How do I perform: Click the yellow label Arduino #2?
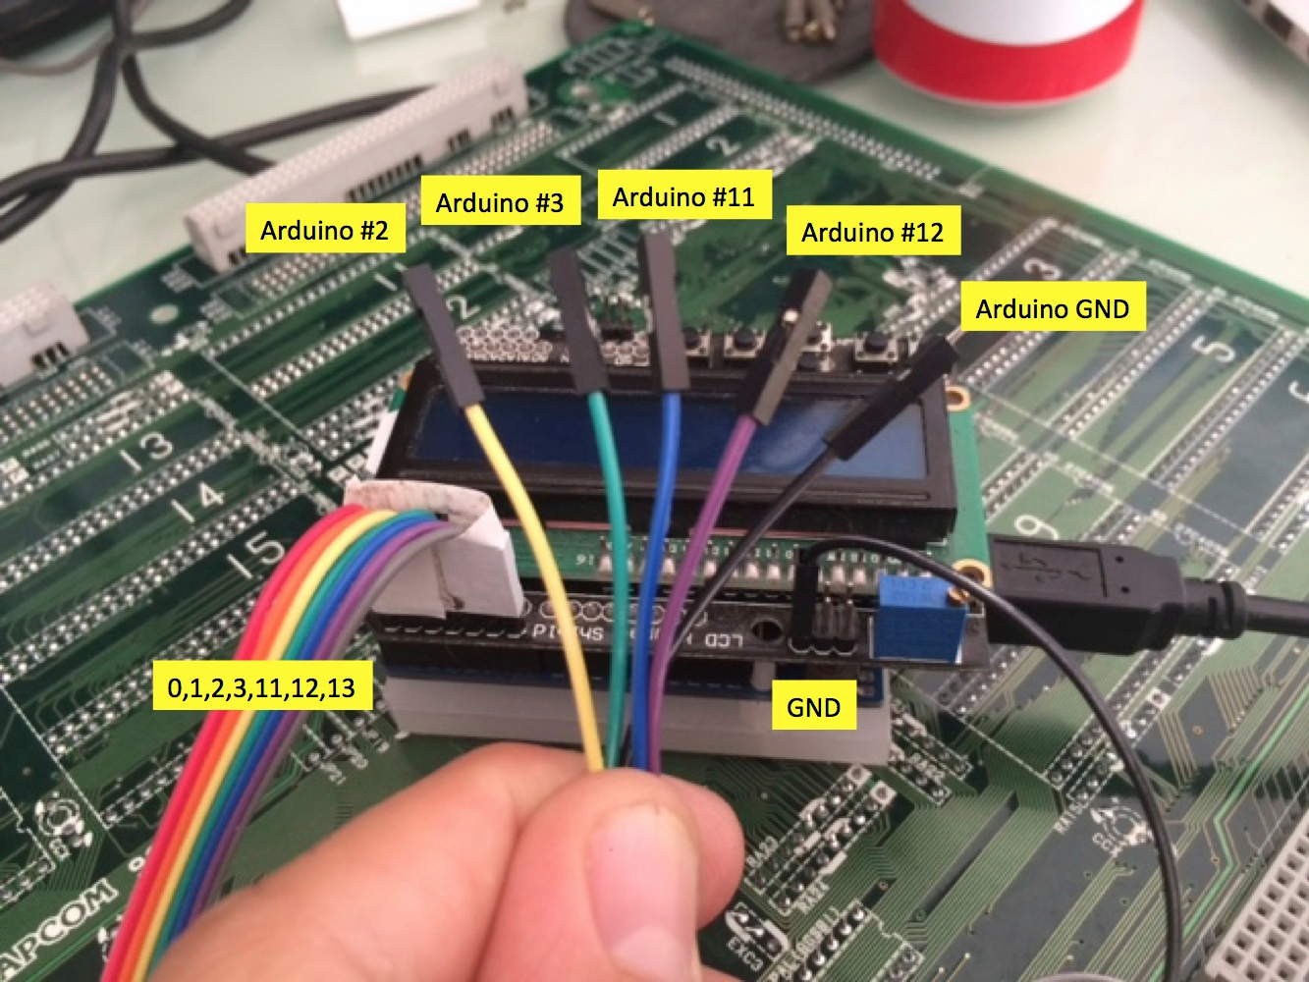coord(323,232)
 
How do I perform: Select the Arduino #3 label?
coord(499,203)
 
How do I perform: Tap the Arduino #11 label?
coord(683,197)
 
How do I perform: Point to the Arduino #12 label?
coord(872,234)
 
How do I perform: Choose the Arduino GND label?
coord(1052,309)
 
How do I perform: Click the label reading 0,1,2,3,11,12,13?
coord(261,688)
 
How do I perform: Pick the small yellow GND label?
coord(813,707)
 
